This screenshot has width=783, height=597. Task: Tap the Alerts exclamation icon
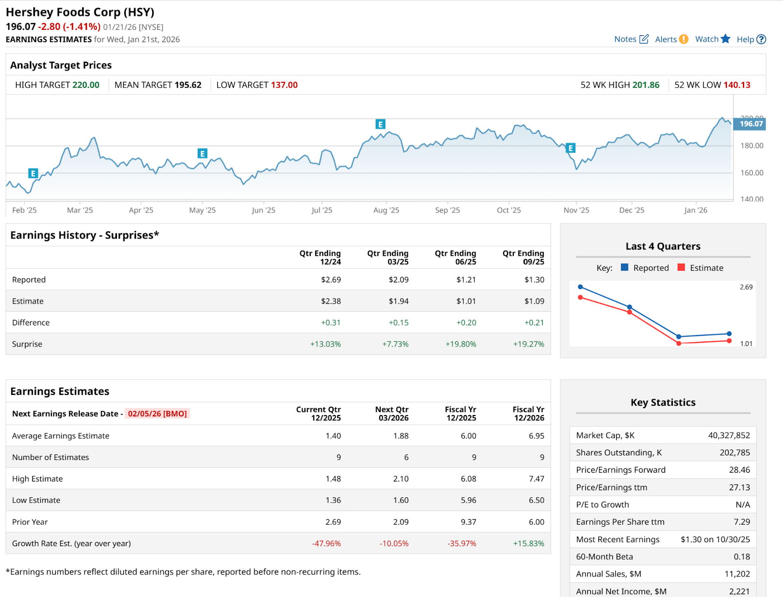pos(684,39)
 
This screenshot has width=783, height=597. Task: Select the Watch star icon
pos(725,39)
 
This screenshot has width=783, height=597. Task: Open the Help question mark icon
pos(761,39)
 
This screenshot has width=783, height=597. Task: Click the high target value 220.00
pos(86,85)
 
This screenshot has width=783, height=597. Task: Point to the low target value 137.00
pos(284,85)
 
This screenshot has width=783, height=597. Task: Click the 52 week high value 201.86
pos(645,85)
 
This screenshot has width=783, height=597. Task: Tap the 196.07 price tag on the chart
pos(751,124)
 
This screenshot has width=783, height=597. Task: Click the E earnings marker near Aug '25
pos(380,124)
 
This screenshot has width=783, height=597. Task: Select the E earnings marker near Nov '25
pos(570,148)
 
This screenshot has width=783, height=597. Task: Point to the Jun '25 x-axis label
pos(263,210)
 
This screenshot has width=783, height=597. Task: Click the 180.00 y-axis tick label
pos(752,145)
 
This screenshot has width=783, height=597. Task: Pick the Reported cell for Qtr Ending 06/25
pos(466,279)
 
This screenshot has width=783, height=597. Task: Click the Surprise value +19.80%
pos(461,344)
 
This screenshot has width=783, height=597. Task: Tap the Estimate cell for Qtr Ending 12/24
pos(331,301)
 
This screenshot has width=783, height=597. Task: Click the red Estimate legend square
pos(681,267)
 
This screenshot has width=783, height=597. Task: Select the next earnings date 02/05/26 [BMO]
pos(157,413)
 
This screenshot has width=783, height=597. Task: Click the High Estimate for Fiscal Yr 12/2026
pos(536,479)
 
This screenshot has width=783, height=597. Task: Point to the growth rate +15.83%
pos(529,543)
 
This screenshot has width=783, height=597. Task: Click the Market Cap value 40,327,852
pos(729,435)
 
